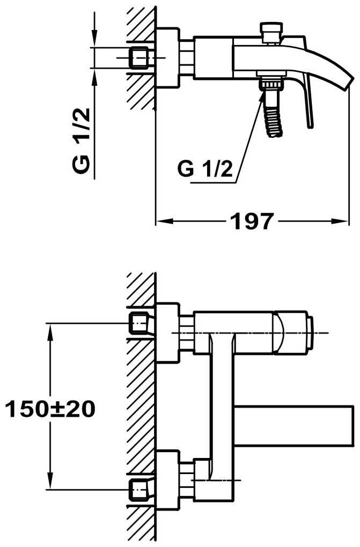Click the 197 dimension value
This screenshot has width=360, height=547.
251,221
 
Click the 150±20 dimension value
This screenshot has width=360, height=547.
50,409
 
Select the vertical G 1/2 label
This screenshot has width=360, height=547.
82,141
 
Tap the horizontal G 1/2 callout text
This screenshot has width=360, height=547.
205,168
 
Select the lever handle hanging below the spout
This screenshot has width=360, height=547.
307,101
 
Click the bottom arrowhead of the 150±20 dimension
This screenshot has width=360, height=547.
50,481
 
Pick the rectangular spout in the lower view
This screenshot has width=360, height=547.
293,426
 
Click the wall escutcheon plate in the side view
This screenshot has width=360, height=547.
167,57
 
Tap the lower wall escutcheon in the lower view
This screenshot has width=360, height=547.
168,480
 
